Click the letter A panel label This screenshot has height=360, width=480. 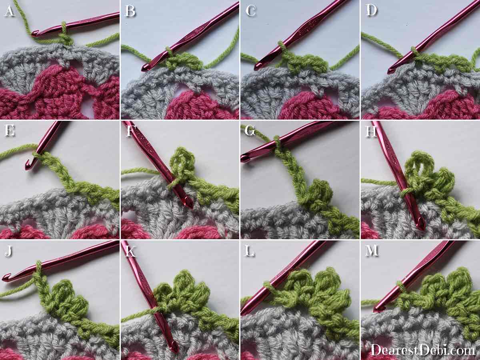[10, 11]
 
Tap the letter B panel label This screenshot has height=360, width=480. [130, 11]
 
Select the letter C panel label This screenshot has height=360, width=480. [251, 11]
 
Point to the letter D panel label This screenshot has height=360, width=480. [372, 10]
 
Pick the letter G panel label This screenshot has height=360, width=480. [250, 131]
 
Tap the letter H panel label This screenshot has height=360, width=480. [371, 131]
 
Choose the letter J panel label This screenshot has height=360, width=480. [8, 251]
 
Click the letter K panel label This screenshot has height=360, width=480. [130, 251]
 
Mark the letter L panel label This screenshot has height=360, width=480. [250, 251]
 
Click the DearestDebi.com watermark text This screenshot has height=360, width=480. [423, 350]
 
